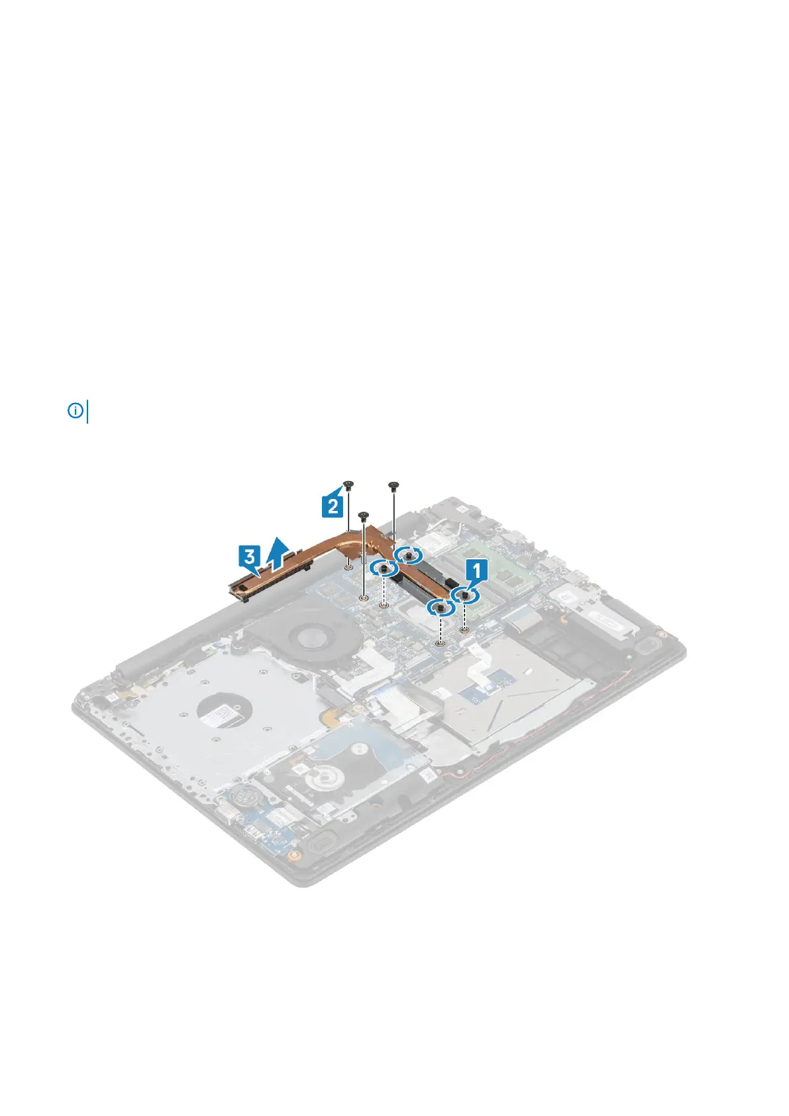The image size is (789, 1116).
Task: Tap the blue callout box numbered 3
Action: pos(249,555)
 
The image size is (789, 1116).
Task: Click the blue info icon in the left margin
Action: pos(76,411)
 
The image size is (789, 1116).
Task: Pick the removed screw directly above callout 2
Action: pos(348,485)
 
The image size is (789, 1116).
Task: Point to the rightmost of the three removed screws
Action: pos(394,485)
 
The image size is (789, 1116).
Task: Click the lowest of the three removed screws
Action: pos(362,514)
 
